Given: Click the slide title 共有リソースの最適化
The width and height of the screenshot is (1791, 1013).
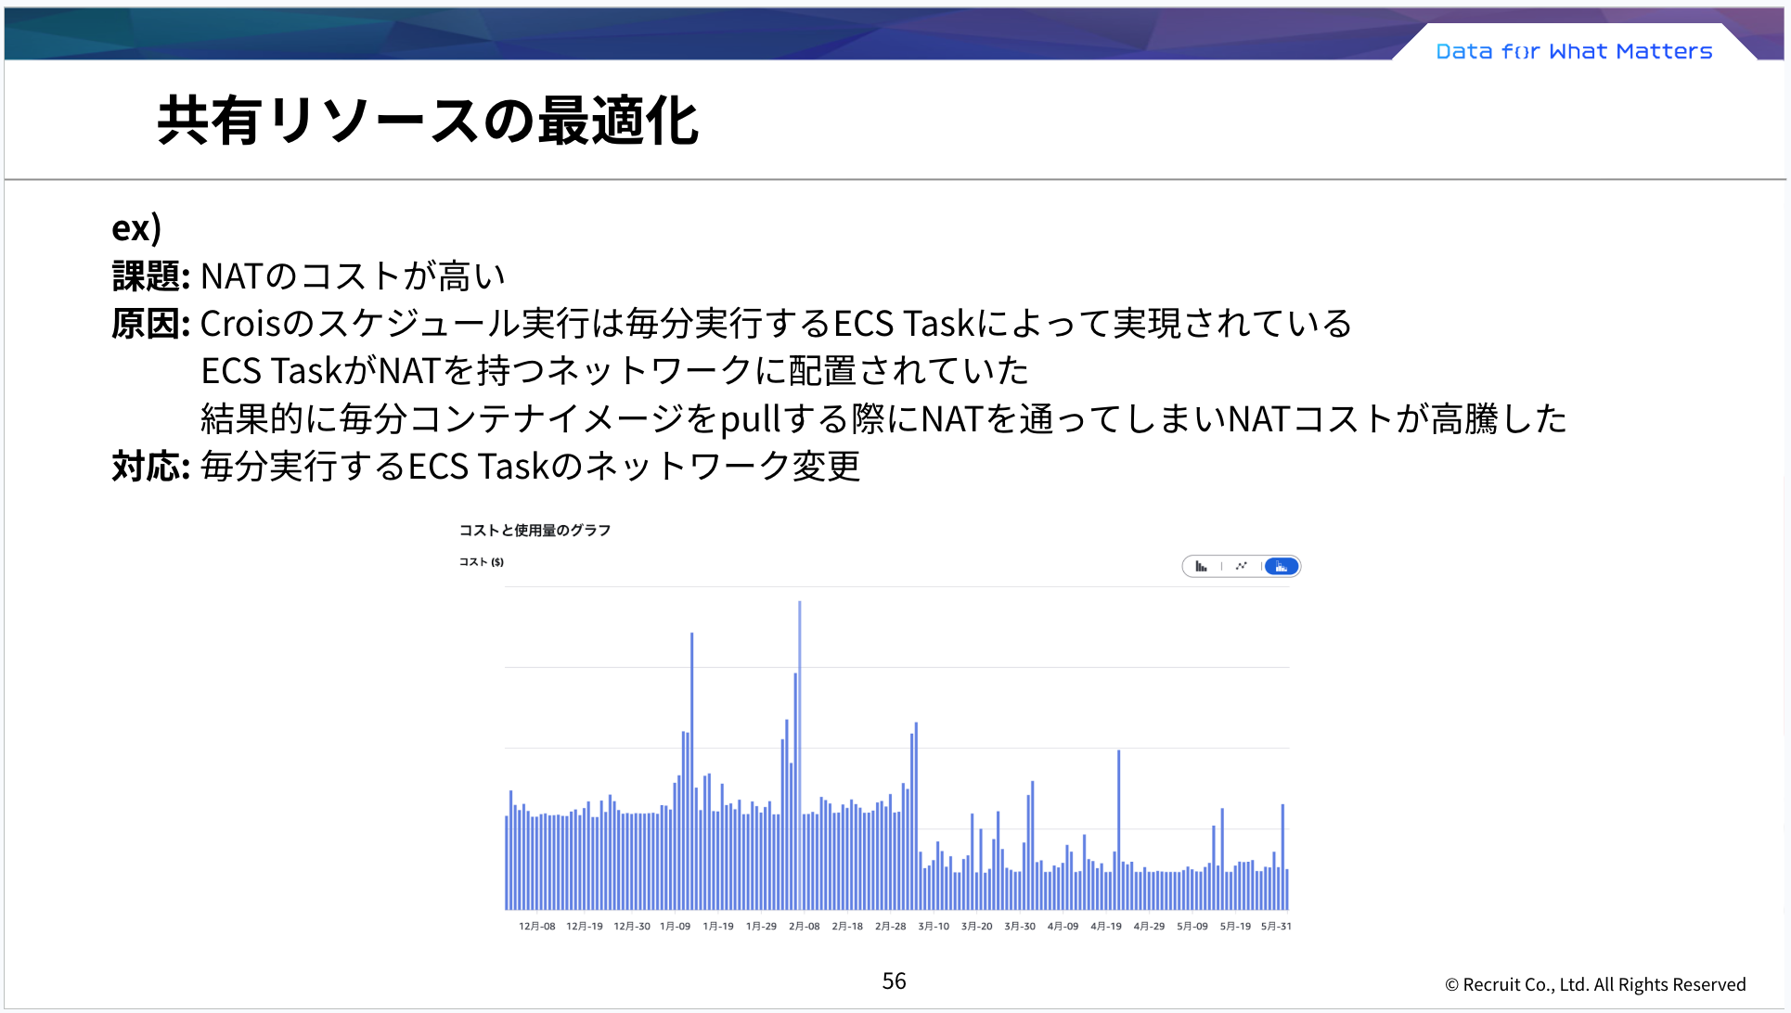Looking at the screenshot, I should point(427,122).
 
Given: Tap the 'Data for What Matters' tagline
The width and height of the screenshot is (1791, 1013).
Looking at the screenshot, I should point(1573,52).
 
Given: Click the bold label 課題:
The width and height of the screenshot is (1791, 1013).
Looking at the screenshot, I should point(150,276).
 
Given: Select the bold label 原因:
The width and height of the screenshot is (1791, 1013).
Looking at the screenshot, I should point(150,324).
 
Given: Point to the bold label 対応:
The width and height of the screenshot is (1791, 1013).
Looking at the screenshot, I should point(150,467).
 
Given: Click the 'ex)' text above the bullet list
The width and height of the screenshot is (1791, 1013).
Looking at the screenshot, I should point(136,228).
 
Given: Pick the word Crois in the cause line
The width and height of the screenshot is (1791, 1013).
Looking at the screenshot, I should point(239,324).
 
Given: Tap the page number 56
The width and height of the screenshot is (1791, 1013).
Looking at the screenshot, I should point(894,981).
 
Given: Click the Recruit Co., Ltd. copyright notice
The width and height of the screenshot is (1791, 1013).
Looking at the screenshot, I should point(1594,985).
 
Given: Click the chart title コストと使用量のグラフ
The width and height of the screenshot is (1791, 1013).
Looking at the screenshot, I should point(535,531).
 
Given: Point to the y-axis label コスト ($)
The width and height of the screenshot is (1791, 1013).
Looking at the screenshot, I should point(481,562).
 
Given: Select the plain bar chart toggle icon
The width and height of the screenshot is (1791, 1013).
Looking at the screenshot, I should point(1201,567).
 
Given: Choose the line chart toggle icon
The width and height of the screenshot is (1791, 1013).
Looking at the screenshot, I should point(1241,567).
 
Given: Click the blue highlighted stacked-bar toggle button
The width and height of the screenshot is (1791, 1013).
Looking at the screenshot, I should point(1282,567).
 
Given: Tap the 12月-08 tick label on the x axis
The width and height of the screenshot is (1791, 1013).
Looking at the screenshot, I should point(536,927).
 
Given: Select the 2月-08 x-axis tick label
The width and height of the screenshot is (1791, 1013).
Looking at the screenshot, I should point(804,927).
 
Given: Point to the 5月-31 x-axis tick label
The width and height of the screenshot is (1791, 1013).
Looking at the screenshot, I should point(1276,927).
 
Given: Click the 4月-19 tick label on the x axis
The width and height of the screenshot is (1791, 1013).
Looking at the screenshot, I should point(1105,927).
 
